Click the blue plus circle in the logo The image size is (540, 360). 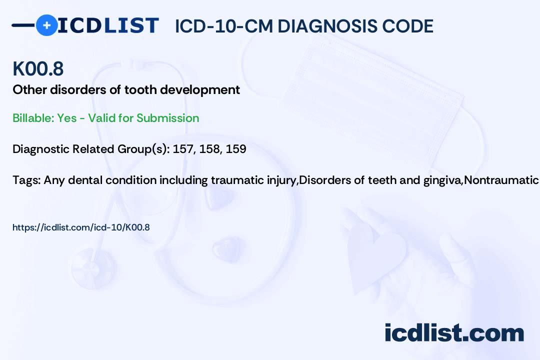click(46, 25)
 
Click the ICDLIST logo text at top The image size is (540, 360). click(108, 25)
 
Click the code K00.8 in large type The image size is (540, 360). click(38, 69)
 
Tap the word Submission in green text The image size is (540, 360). click(167, 118)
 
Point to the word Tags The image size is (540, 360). click(26, 180)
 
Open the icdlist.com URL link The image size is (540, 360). click(81, 227)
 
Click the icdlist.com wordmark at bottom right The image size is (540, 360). click(454, 333)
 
